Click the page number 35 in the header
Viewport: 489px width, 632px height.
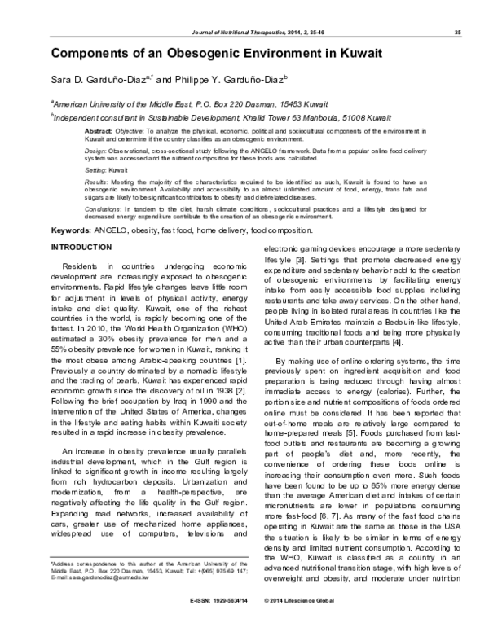click(459, 32)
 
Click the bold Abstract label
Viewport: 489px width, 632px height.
click(99, 131)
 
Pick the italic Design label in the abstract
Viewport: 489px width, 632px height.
click(95, 151)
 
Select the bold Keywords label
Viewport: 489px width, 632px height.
click(70, 232)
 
